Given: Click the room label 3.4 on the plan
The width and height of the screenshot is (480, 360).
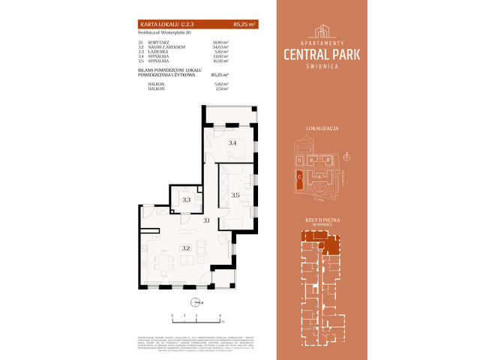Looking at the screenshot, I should coord(232,142).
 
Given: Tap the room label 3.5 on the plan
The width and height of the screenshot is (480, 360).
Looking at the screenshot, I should coord(235,195).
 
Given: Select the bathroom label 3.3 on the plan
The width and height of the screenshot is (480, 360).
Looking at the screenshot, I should coord(186,200).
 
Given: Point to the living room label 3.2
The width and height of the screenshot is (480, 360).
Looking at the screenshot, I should coord(186,247).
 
